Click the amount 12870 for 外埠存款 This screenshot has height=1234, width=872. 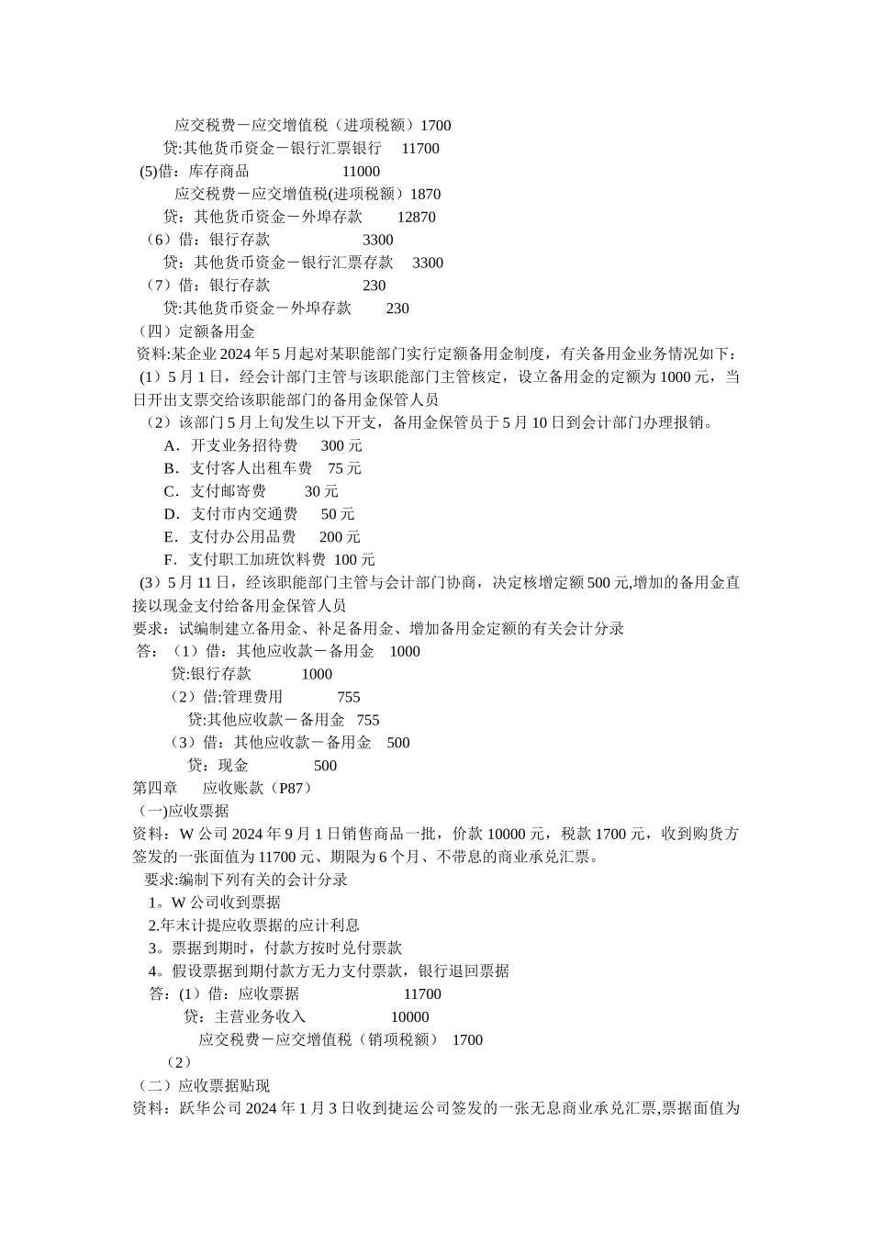pos(416,217)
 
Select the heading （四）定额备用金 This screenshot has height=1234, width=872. pos(196,331)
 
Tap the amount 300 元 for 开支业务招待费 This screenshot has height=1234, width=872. pos(341,445)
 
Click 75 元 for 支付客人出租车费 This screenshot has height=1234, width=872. pos(344,468)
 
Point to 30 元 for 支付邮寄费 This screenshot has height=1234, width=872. pos(321,491)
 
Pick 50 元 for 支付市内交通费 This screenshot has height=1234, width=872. pos(338,514)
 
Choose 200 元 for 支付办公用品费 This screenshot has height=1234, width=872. pos(340,537)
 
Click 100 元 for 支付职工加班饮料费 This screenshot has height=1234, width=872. pos(354,560)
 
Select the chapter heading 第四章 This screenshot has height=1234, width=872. pos(156,788)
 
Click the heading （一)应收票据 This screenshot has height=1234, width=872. pos(183,811)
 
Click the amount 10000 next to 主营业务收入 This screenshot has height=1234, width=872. pos(409,1016)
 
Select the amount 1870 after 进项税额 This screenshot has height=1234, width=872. pos(425,194)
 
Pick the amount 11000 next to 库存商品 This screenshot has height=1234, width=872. pos(361,171)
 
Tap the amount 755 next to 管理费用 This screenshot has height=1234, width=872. pos(349,697)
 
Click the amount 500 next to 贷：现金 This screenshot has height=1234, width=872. pos(325,766)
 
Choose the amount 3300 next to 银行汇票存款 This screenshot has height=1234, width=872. pos(428,263)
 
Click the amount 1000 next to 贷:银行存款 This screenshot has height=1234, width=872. pos(317,674)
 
